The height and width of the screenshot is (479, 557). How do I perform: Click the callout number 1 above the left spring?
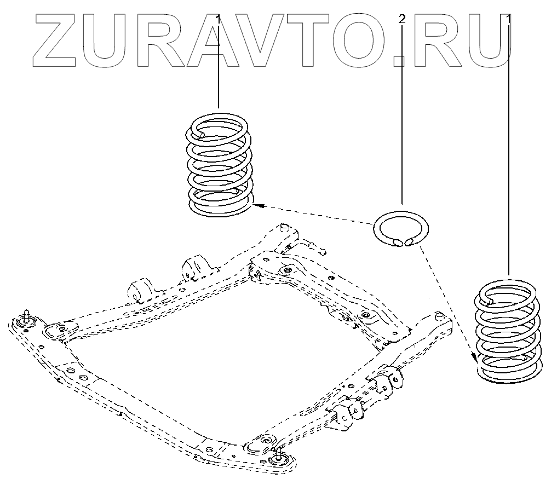coord(219,20)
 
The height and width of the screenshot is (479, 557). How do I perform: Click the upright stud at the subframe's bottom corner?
coord(279,452)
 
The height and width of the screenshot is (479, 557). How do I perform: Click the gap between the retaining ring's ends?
coord(403,241)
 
